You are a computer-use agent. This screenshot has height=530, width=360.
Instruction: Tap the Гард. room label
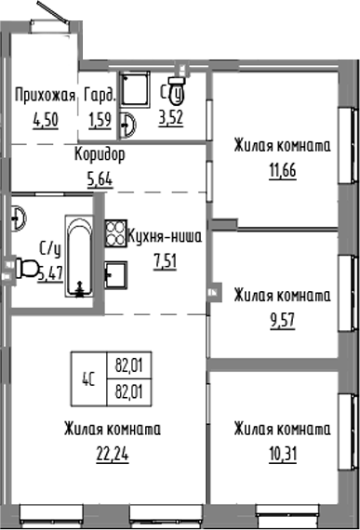tap(100, 95)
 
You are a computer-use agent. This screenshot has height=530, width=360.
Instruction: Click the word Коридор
tap(100, 153)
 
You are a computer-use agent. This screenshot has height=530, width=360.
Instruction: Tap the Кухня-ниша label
tap(164, 236)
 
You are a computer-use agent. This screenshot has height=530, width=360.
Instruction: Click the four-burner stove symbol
tap(115, 232)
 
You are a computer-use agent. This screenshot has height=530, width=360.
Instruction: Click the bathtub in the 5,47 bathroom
tap(79, 256)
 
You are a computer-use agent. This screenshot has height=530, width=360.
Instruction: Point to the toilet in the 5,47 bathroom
tap(27, 270)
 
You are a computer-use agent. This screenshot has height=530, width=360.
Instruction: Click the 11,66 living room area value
tap(282, 171)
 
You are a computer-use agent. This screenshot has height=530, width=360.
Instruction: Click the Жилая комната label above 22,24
tap(113, 430)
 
